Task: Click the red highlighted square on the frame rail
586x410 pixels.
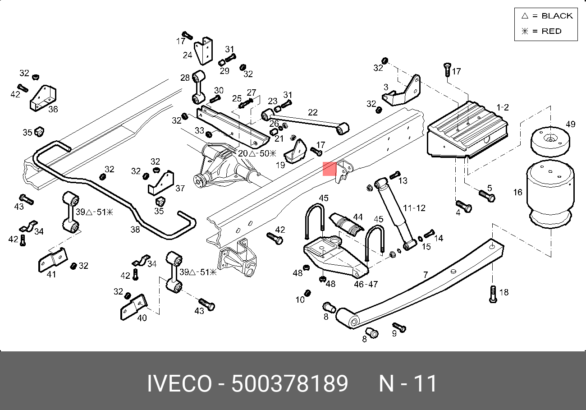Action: coord(330,169)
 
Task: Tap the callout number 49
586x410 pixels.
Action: coord(571,124)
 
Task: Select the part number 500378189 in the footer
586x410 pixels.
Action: coord(289,383)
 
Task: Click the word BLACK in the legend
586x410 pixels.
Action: coord(557,16)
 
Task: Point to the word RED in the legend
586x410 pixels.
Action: coord(551,31)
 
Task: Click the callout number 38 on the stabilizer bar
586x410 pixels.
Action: coord(135,230)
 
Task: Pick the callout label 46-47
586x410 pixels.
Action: coord(366,284)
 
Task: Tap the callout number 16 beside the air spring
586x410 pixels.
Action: coord(518,193)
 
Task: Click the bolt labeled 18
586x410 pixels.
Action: coord(493,294)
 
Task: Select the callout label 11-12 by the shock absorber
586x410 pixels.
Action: coord(414,208)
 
